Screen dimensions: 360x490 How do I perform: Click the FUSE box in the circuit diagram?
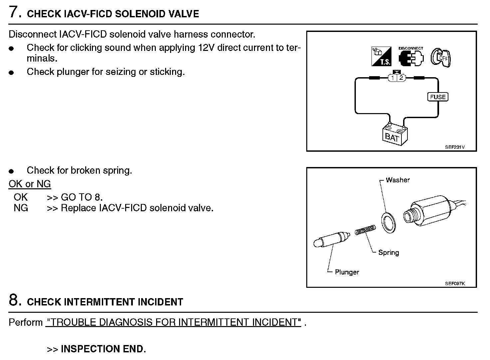pos(437,97)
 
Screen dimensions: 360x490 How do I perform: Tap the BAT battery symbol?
pos(394,134)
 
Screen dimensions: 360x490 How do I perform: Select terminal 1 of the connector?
pos(393,78)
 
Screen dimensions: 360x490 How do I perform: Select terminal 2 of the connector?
pos(401,78)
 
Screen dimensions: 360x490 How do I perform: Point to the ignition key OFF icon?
pos(441,57)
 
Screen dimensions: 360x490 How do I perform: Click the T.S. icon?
pos(381,56)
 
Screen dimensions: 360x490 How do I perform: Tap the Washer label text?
pos(397,180)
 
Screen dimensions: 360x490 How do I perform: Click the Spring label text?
pos(388,253)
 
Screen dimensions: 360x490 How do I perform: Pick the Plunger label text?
pos(347,272)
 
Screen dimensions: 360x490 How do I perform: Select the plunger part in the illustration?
pos(331,240)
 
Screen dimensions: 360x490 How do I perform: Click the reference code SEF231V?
pos(454,147)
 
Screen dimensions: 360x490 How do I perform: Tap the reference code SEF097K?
pos(455,283)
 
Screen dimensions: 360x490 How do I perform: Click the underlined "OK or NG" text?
pos(30,184)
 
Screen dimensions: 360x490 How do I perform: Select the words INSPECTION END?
pos(103,349)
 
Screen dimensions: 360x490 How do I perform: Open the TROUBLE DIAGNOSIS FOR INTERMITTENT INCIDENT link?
pos(173,322)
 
